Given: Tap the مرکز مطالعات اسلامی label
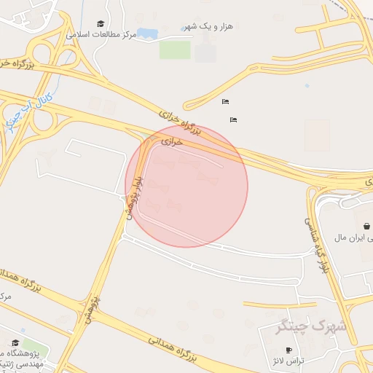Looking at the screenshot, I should (x=102, y=34).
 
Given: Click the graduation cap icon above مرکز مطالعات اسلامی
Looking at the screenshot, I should (x=101, y=23).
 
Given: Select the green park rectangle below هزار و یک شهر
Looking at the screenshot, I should (x=175, y=50).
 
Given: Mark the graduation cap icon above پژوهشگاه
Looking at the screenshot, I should (x=15, y=342).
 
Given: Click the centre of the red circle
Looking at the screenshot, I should (x=186, y=186).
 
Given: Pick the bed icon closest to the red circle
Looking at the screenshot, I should (x=233, y=119).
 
